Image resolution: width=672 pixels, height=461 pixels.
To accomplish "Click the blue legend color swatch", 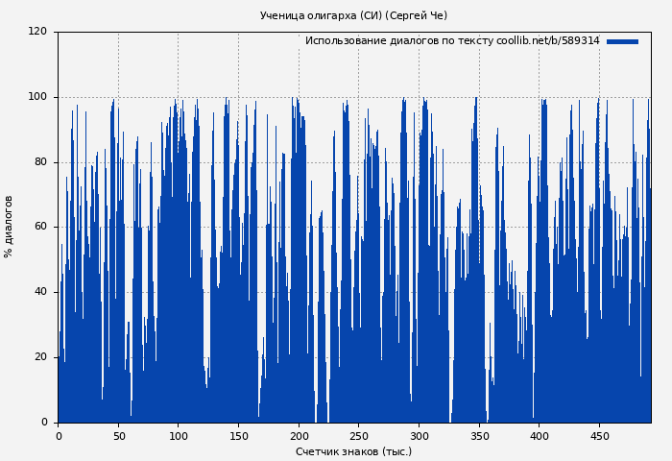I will (x=622, y=41).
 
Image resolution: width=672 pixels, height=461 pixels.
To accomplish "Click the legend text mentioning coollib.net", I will (x=451, y=41).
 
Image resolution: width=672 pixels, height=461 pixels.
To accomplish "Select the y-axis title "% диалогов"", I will (x=10, y=227).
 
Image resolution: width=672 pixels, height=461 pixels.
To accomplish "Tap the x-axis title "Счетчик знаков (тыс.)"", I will (x=353, y=451).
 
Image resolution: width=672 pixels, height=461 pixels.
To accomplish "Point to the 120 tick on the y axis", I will (x=37, y=32).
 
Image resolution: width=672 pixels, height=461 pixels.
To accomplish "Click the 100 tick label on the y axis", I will (x=37, y=97).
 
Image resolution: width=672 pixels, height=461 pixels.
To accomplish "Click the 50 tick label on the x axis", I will (x=118, y=436).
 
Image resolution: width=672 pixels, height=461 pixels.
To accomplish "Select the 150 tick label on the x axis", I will (x=238, y=436).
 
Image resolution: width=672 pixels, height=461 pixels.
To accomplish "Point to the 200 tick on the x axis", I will (x=299, y=436).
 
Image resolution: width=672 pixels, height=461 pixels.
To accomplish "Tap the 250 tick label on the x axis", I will (x=359, y=436).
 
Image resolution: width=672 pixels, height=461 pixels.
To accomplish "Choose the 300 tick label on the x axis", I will (x=419, y=436).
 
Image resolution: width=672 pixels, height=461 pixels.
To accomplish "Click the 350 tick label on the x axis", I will (x=479, y=436).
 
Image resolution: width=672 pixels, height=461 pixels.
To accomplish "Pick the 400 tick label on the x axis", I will (x=540, y=436).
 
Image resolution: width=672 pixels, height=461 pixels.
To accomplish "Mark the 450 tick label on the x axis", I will (x=599, y=436).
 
